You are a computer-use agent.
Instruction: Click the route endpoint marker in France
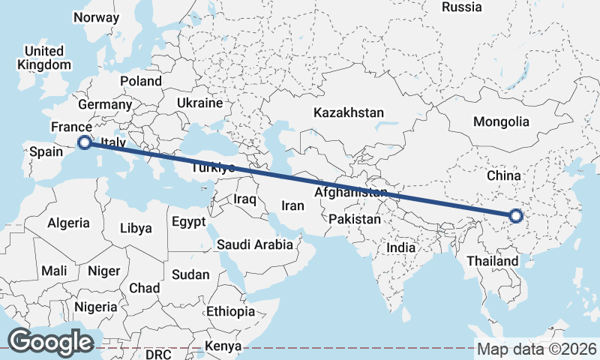pos(85,142)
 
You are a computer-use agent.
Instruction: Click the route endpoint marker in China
pos(515,216)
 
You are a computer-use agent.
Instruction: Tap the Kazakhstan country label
pos(349,112)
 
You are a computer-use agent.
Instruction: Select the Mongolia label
pos(501,121)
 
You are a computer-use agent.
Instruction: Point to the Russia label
pos(461,7)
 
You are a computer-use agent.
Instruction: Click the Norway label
pos(97,17)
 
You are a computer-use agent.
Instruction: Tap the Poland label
pos(140,80)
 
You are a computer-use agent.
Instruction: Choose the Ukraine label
pos(200,103)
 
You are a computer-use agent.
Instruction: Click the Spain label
pos(45,152)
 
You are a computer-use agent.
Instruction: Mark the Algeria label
pos(68,223)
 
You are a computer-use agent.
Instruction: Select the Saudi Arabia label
pos(256,244)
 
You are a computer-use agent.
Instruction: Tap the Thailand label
pos(492,261)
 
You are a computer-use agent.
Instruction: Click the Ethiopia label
pos(231,310)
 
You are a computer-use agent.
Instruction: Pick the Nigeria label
pos(95,307)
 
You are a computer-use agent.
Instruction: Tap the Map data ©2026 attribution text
pos(536,349)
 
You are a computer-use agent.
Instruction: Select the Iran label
pos(292,205)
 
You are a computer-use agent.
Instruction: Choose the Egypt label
pos(187,222)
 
